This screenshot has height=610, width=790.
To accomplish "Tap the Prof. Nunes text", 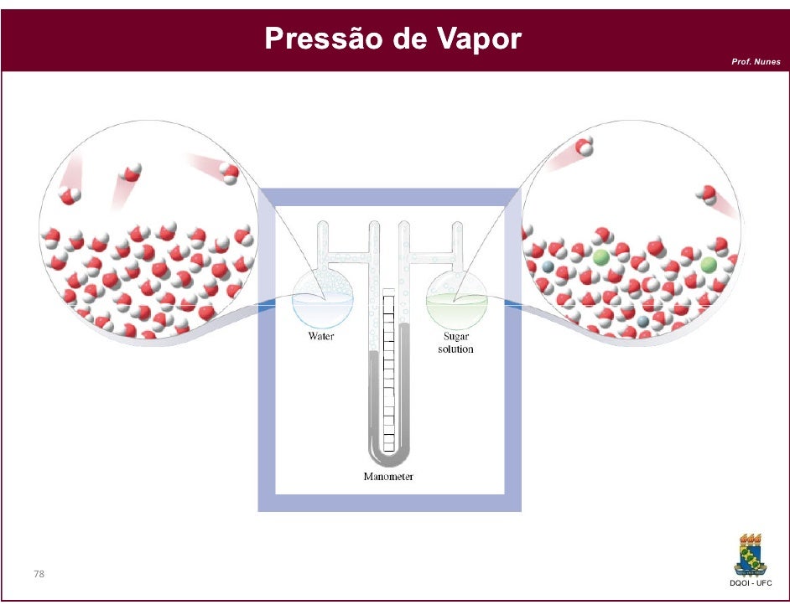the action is (756, 62).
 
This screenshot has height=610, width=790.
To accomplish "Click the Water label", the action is (320, 337).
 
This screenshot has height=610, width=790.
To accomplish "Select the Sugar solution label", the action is (455, 343).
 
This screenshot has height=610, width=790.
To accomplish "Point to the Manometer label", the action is (388, 477).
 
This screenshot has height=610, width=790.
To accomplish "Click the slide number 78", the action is (39, 575).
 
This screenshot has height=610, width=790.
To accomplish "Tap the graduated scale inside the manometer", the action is (388, 369).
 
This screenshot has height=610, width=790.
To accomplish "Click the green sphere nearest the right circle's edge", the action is (709, 265).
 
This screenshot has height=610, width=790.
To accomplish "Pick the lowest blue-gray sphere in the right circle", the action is (642, 321).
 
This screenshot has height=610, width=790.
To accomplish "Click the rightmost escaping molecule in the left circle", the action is (229, 173).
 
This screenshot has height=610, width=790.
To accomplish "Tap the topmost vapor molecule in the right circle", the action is (585, 147).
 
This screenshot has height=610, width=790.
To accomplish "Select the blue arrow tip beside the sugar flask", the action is (510, 308).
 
